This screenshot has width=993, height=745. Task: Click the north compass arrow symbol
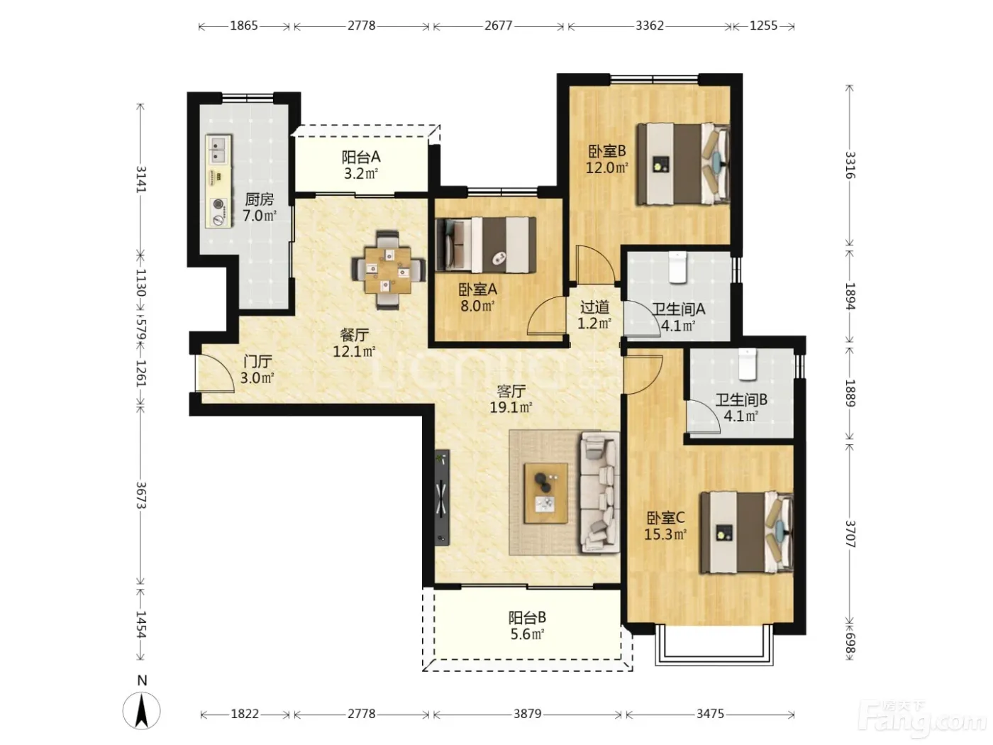pos(142,710)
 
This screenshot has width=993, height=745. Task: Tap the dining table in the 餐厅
pos(388,270)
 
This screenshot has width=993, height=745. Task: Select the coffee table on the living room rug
pos(546,493)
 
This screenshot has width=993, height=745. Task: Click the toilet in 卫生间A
pos(677,267)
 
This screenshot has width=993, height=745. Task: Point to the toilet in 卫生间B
pos(748,364)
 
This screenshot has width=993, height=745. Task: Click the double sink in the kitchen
pos(218,150)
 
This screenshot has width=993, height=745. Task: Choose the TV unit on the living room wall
pos(443,497)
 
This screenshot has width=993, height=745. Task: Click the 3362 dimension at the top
pos(650,26)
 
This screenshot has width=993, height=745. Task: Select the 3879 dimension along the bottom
pos(528,714)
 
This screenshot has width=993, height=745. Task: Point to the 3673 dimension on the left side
pos(141,495)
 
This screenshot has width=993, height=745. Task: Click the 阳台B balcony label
pos(527,617)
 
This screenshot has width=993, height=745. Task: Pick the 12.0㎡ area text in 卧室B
pos(607,168)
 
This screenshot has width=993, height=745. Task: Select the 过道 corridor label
pos(594,308)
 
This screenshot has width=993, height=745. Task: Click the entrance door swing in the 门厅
pos(216,373)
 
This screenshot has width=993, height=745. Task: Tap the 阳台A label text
pos(360,157)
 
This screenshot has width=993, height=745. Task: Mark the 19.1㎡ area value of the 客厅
pos(511,407)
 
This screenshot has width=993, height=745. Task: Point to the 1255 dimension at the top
pos(764,26)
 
